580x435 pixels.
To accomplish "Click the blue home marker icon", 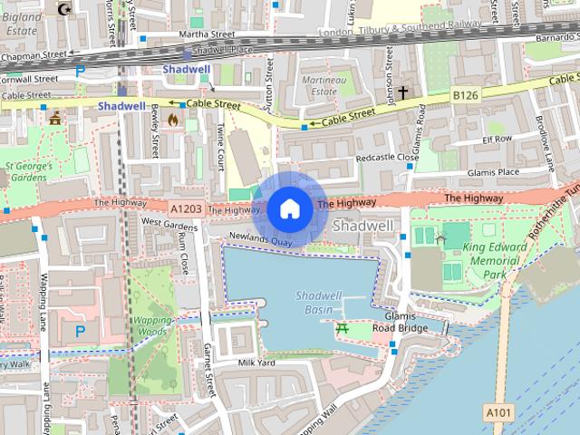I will [x=288, y=208].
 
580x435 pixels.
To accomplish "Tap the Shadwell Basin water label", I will [x=318, y=303].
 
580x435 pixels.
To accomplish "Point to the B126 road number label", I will [x=465, y=94].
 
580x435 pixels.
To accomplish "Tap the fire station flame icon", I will [x=188, y=119].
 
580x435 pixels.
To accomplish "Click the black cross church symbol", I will [x=402, y=92].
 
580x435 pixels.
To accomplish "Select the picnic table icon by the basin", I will [x=343, y=330].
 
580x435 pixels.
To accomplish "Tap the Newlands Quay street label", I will [x=259, y=239].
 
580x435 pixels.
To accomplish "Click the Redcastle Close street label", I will [x=387, y=157].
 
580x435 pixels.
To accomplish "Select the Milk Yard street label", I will [x=256, y=362].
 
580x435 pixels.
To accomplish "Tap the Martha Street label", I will [x=181, y=34].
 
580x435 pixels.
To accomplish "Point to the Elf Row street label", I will [x=497, y=140].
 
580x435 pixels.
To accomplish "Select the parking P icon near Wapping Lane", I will [x=80, y=331].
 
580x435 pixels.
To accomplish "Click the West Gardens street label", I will [x=169, y=222].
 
